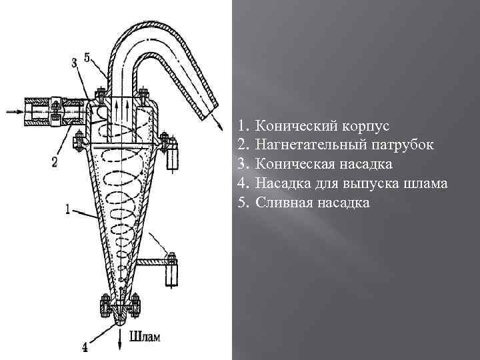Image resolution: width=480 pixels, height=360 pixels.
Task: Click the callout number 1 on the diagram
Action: tap(69, 208)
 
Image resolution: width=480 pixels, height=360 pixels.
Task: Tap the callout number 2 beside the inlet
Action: tap(55, 161)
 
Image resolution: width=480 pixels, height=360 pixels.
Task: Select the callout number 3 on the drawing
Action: tap(73, 61)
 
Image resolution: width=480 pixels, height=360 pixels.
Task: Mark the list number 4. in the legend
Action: tap(243, 183)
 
